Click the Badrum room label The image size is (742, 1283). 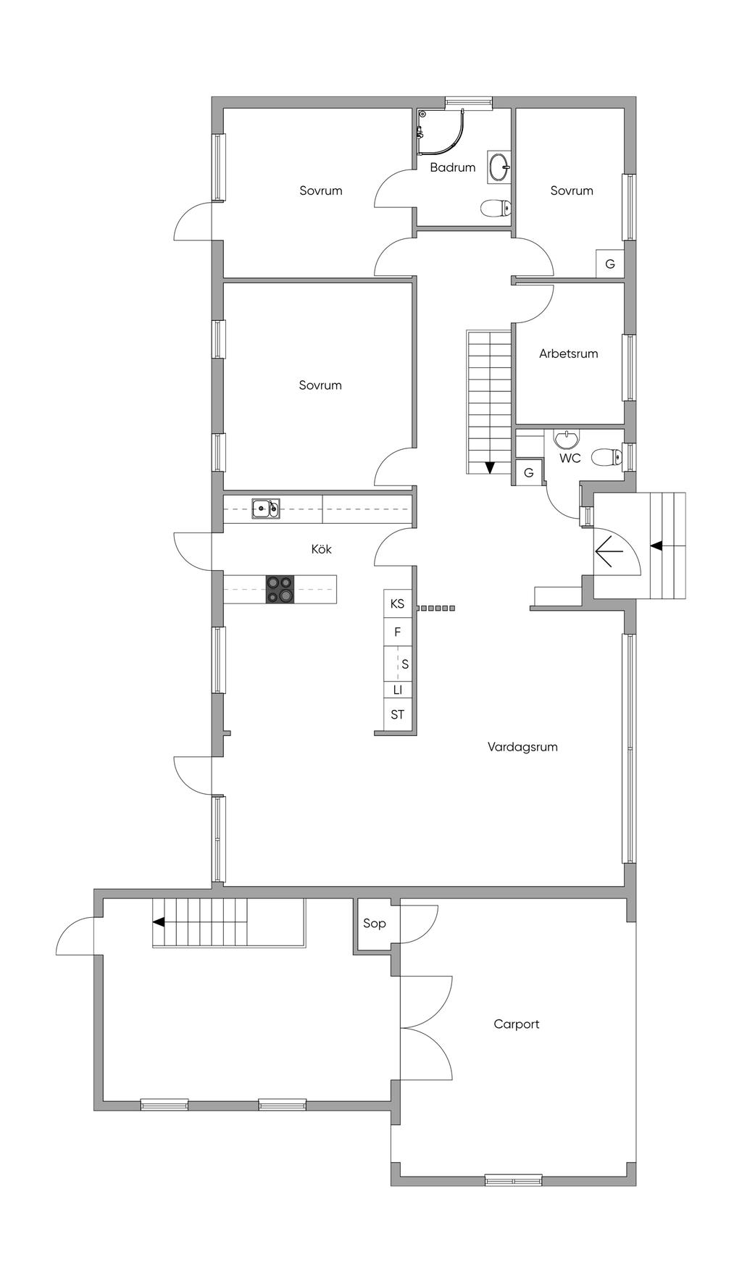click(x=452, y=167)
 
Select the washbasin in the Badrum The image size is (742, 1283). click(x=499, y=167)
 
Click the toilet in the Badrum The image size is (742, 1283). click(x=495, y=209)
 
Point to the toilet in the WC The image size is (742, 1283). click(x=606, y=456)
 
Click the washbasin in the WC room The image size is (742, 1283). click(x=566, y=438)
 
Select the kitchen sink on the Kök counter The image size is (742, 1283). click(x=266, y=509)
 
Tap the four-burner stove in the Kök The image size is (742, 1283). click(x=280, y=589)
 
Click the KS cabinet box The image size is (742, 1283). click(x=397, y=603)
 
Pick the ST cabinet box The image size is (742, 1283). click(x=397, y=715)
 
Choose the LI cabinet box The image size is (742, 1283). click(x=397, y=690)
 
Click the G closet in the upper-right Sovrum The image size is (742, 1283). click(x=610, y=264)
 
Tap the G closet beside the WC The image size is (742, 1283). click(x=528, y=472)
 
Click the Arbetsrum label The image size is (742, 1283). click(x=568, y=354)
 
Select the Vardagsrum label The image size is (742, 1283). click(x=522, y=747)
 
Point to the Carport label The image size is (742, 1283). click(x=516, y=1024)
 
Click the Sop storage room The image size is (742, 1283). click(x=374, y=923)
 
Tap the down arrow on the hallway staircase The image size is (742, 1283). click(x=489, y=467)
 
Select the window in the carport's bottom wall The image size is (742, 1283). click(x=513, y=1180)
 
